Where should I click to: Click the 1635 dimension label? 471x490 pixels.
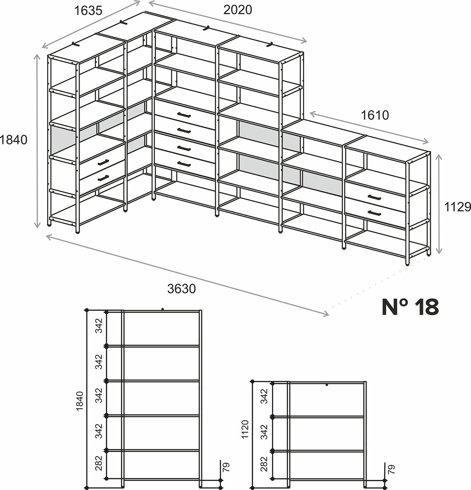pos(88,11)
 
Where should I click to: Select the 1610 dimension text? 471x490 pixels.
pos(375,115)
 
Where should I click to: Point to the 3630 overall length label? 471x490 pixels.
pos(181,289)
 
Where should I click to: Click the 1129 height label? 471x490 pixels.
pos(457,207)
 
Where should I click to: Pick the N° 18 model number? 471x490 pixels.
pos(410,307)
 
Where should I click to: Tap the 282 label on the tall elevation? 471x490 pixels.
pos(99,463)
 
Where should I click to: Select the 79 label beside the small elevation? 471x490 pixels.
pos(391,470)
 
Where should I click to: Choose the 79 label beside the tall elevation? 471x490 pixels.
pos(226,467)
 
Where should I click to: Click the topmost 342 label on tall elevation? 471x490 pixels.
pos(99,325)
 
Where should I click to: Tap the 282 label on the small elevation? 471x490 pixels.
pos(264,464)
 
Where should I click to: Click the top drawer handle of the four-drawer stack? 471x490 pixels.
pos(184,115)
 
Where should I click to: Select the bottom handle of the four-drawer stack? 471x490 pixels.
pos(184,164)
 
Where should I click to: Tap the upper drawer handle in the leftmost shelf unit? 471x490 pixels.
pos(103,163)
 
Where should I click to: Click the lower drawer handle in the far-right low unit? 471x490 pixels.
pos(374,213)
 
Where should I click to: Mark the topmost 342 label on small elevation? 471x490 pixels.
pos(264,396)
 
